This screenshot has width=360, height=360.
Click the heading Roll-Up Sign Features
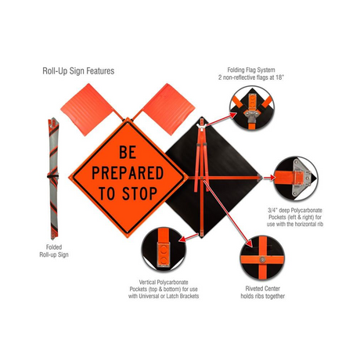pyautogui.click(x=78, y=71)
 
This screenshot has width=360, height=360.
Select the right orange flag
pyautogui.click(x=168, y=108)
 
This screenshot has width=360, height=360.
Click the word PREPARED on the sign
pyautogui.click(x=128, y=173)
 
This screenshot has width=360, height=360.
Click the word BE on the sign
pyautogui.click(x=128, y=152)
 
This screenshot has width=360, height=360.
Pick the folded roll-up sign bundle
pyautogui.click(x=53, y=178)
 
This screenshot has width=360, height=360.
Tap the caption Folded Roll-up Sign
pyautogui.click(x=54, y=251)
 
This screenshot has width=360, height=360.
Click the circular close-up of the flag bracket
pyautogui.click(x=252, y=108)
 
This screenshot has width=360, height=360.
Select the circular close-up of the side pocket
pyautogui.click(x=296, y=178)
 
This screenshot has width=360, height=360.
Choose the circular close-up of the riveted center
pyautogui.click(x=262, y=258)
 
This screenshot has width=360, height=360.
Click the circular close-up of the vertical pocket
pyautogui.click(x=164, y=250)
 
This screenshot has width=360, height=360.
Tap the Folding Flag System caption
pyautogui.click(x=250, y=74)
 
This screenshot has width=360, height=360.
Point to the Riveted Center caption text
pyautogui.click(x=262, y=293)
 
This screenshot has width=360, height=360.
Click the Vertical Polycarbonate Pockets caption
pyautogui.click(x=164, y=289)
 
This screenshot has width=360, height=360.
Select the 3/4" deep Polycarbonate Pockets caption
pyautogui.click(x=295, y=217)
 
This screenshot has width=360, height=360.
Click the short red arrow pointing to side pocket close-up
pyautogui.click(x=269, y=178)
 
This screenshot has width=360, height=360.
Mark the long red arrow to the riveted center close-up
pyautogui.click(x=229, y=213)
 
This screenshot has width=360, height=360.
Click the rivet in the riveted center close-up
pyautogui.click(x=262, y=260)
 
